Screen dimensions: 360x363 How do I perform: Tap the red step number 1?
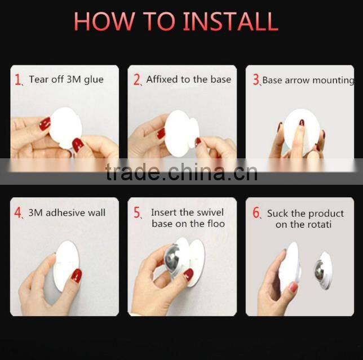(18, 79)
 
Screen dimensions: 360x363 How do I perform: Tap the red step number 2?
(137, 79)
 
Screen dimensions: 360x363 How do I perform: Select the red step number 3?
(256, 80)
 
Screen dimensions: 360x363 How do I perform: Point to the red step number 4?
(18, 214)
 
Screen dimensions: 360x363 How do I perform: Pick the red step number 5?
(137, 214)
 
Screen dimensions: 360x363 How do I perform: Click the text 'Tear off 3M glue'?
(67, 79)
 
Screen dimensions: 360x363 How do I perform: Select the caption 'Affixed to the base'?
(188, 79)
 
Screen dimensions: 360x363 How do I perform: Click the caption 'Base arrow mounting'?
(308, 80)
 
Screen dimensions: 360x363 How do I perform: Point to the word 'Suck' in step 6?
(277, 214)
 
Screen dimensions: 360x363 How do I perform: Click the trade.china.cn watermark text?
(181, 172)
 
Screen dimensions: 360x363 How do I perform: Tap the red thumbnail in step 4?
(76, 275)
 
